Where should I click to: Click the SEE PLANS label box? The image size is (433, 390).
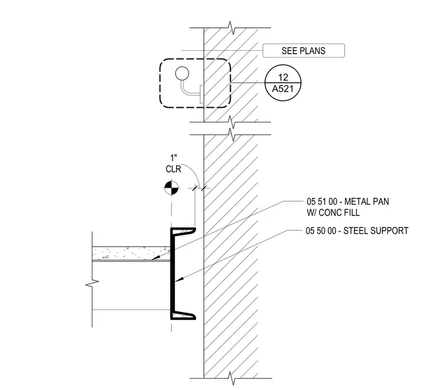pos(304,51)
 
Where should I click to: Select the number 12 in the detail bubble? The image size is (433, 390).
pos(283,77)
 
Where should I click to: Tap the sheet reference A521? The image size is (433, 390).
pos(283,89)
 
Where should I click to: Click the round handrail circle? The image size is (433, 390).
pos(182,74)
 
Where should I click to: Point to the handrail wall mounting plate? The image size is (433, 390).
pos(202,94)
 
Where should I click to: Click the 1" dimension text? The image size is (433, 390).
pos(173,159)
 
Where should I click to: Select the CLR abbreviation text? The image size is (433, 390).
pos(173,169)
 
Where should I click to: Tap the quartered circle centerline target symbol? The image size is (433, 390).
pos(171,188)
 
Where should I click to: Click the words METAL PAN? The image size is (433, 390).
pos(367,201)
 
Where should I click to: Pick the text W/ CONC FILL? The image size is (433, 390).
pos(333,213)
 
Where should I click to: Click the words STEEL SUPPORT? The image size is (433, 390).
pos(376,231)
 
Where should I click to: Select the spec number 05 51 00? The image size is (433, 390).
pos(322,201)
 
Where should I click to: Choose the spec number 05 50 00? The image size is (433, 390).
pos(321,231)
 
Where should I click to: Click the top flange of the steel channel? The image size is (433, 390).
pos(183,230)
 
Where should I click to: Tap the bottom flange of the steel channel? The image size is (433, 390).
pos(183,316)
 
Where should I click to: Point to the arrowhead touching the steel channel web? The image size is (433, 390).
pos(179,280)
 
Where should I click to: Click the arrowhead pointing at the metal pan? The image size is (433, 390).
pos(156,257)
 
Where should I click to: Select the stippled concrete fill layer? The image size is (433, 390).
pos(131,253)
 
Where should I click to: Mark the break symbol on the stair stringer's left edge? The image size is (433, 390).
pos(92,283)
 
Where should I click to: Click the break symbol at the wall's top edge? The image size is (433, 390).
pos(232,28)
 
